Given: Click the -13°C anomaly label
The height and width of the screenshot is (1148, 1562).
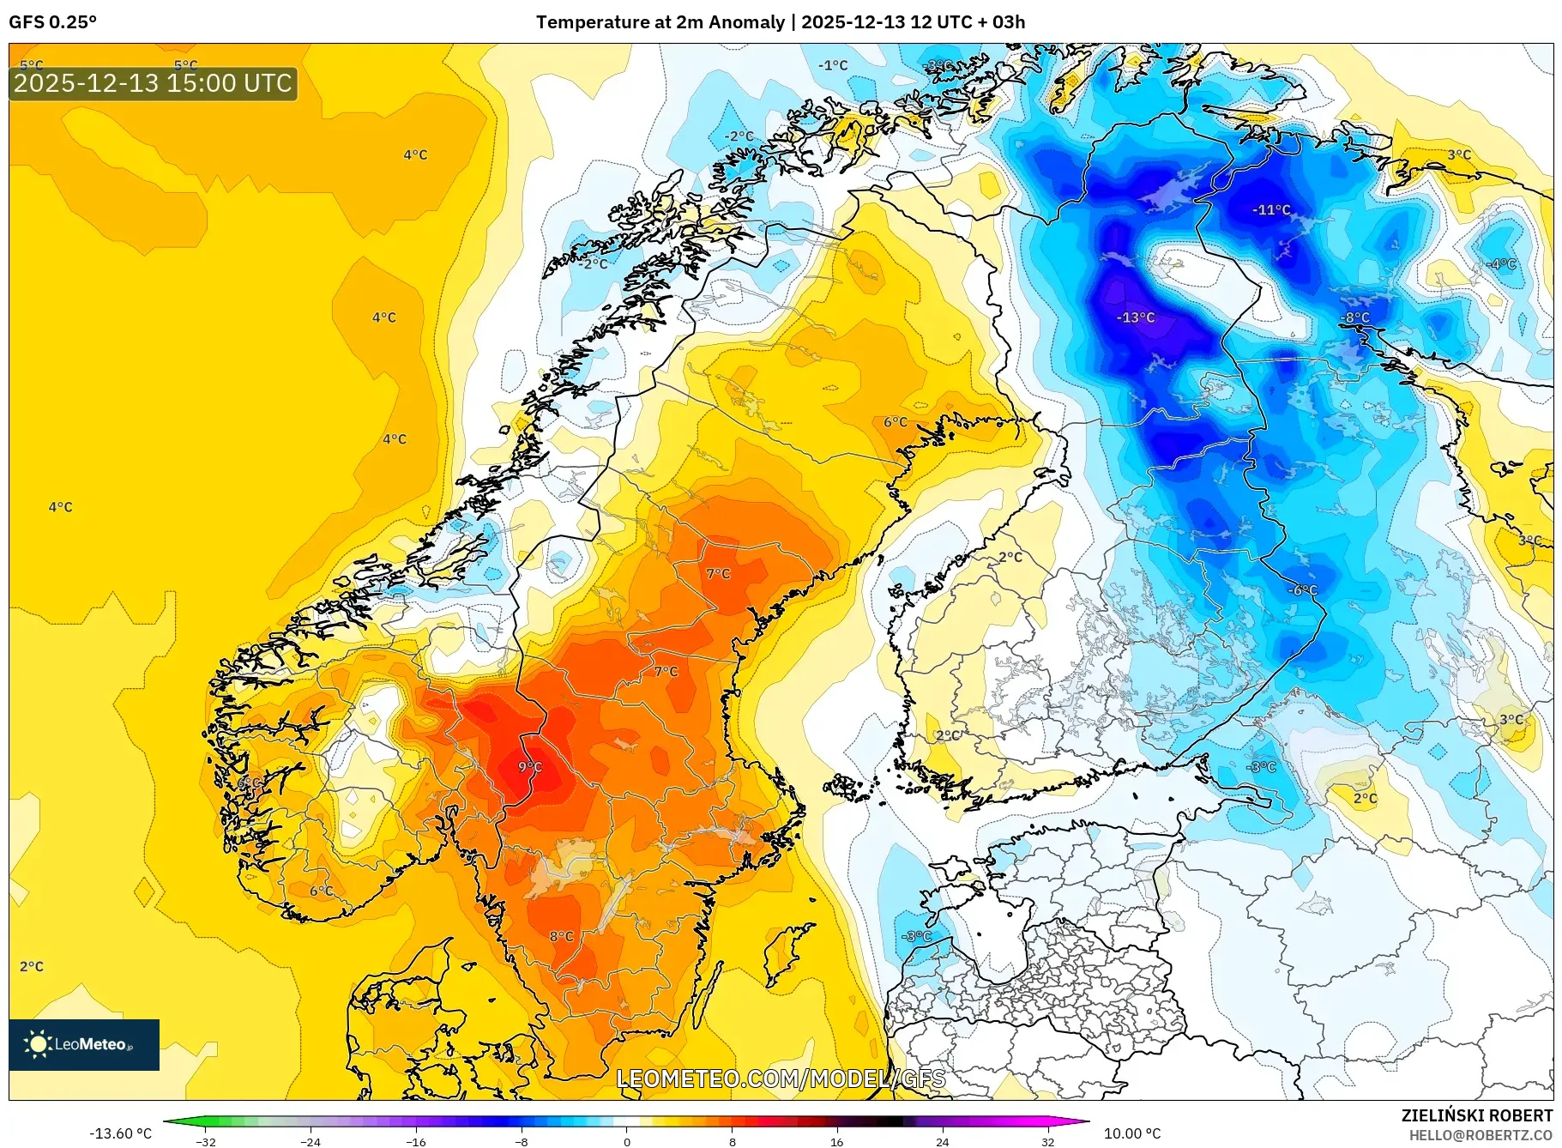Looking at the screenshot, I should click(x=1136, y=317).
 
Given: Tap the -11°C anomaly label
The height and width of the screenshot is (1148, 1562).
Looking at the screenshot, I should click(x=1271, y=209).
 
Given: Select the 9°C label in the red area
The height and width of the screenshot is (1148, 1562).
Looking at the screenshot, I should click(x=530, y=766).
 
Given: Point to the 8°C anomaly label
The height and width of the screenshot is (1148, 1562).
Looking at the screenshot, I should click(x=562, y=936).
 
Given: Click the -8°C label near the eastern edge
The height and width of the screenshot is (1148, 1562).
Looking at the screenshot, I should click(x=1355, y=317).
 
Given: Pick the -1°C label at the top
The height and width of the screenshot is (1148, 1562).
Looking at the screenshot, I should click(x=832, y=65).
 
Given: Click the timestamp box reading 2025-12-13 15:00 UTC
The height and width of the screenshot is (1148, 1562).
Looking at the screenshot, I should click(x=153, y=83).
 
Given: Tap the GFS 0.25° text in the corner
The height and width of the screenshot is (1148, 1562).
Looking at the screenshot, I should click(x=52, y=22).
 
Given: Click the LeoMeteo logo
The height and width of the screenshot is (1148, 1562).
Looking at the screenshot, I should click(x=84, y=1044).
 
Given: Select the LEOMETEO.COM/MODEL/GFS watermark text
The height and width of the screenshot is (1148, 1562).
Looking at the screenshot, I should click(x=781, y=1079).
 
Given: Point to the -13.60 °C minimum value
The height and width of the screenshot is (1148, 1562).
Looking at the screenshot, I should click(x=120, y=1133).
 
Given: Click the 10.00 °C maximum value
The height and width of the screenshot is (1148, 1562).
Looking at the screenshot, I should click(x=1131, y=1133).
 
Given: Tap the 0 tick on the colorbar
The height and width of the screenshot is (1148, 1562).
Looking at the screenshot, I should click(x=626, y=1141).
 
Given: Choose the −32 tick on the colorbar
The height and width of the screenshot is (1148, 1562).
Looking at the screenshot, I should click(x=206, y=1141).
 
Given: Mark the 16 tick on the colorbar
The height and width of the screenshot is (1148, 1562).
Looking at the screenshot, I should click(x=836, y=1141).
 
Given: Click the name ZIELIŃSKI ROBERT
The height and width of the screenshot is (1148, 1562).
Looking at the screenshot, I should click(x=1476, y=1115).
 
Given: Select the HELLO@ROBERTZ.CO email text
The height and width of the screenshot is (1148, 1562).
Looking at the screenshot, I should click(x=1481, y=1135).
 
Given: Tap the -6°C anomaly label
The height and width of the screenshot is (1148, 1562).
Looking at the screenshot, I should click(x=1302, y=589).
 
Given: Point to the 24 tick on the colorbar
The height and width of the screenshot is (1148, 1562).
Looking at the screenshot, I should click(x=942, y=1141).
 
